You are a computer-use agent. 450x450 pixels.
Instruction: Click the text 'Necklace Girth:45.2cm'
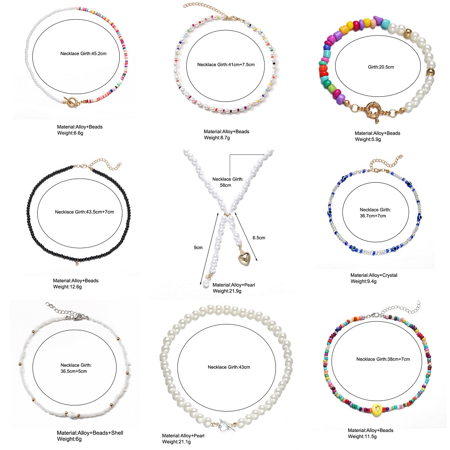click(x=83, y=54)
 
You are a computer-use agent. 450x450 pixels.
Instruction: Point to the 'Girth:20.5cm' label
click(x=381, y=67)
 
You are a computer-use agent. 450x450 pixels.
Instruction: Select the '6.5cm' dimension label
click(x=259, y=237)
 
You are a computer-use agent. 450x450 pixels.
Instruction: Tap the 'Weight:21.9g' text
click(x=227, y=291)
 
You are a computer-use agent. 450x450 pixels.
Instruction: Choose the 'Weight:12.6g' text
click(x=68, y=287)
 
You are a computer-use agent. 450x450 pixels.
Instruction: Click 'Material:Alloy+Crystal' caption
click(x=373, y=275)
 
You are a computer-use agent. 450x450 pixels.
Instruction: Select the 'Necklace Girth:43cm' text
click(x=229, y=367)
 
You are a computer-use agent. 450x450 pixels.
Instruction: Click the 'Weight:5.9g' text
click(x=368, y=139)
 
